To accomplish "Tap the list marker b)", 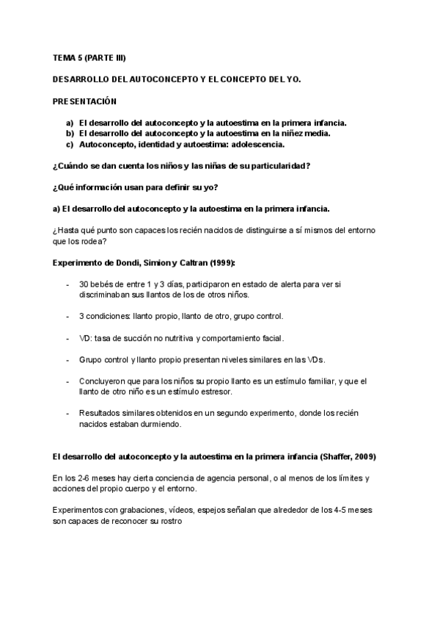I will tap(70, 134).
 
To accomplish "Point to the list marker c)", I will tap(70, 145).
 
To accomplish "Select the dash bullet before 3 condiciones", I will tap(67, 316).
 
